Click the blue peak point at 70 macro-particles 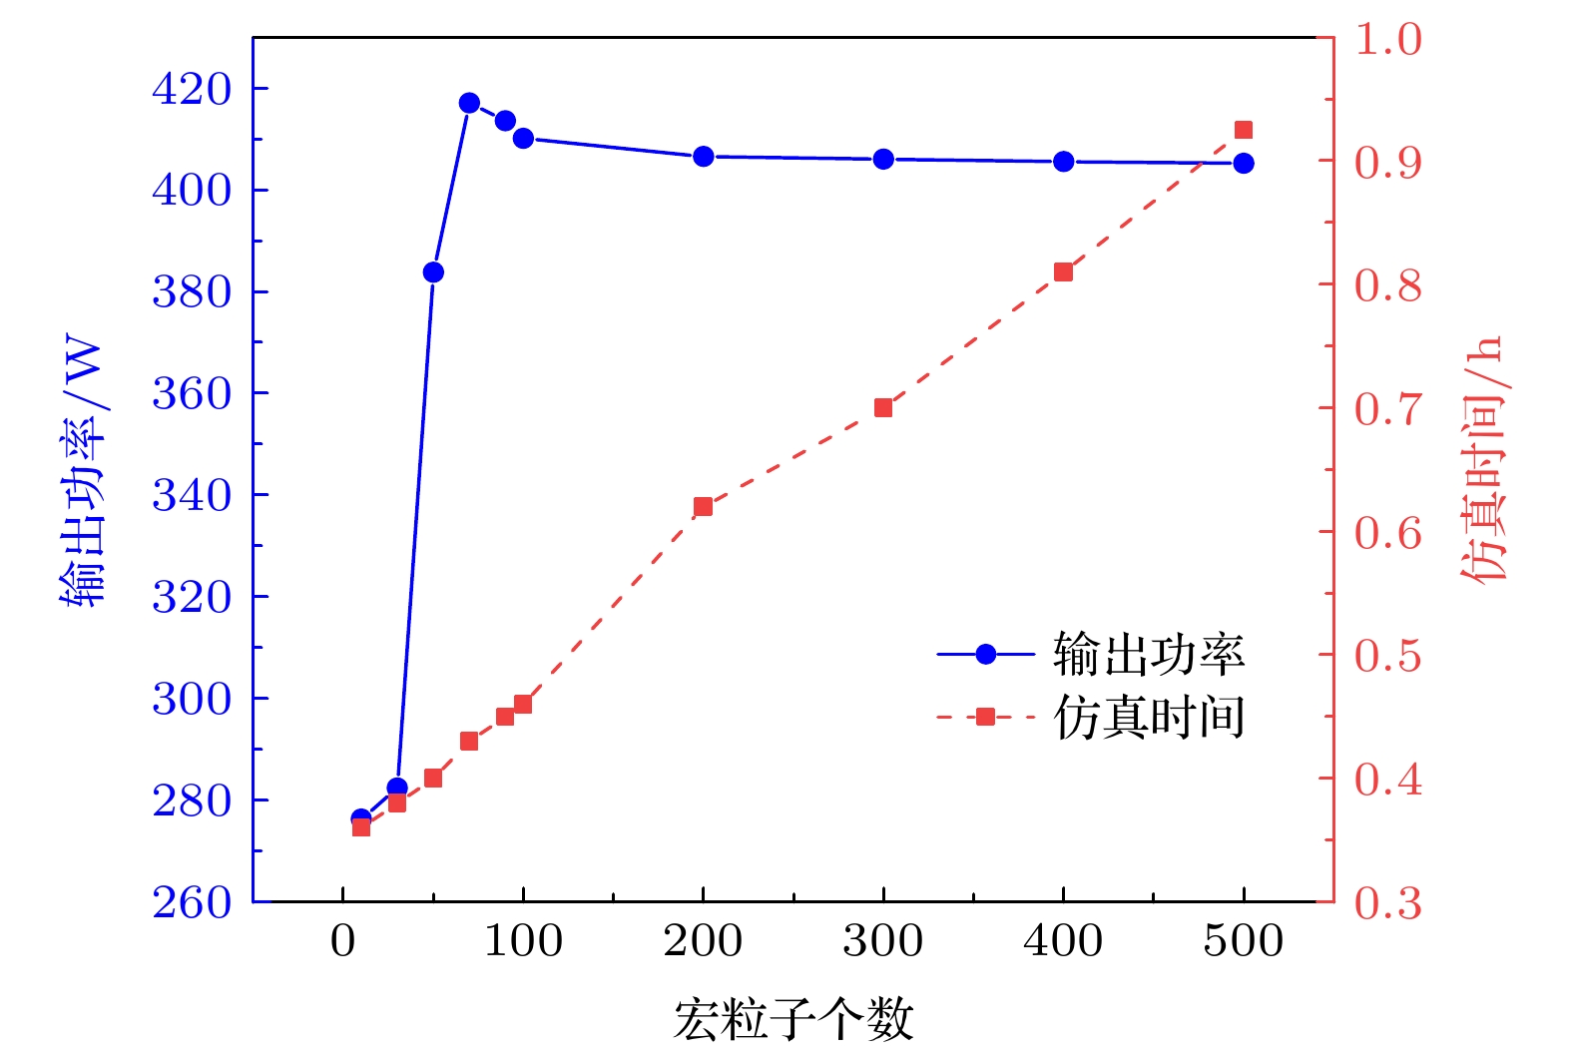pyautogui.click(x=469, y=103)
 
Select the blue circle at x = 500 pyautogui.click(x=1244, y=163)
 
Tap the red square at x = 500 pyautogui.click(x=1244, y=130)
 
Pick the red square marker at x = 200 pyautogui.click(x=703, y=507)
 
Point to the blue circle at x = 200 pyautogui.click(x=703, y=157)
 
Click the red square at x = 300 pyautogui.click(x=883, y=407)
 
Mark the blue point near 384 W pyautogui.click(x=433, y=272)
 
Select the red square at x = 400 pyautogui.click(x=1064, y=272)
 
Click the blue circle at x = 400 pyautogui.click(x=1064, y=161)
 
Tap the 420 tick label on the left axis pyautogui.click(x=192, y=90)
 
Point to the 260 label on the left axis pyautogui.click(x=192, y=902)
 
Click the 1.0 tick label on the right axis pyautogui.click(x=1387, y=40)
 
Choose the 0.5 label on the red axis pyautogui.click(x=1387, y=657)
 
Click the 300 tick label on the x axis pyautogui.click(x=883, y=941)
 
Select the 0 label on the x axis pyautogui.click(x=343, y=941)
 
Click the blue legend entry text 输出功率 pyautogui.click(x=1149, y=655)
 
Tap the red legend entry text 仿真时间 pyautogui.click(x=1149, y=717)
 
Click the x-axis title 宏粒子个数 pyautogui.click(x=793, y=1020)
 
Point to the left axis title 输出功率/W pyautogui.click(x=82, y=473)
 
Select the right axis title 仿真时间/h pyautogui.click(x=1483, y=459)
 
